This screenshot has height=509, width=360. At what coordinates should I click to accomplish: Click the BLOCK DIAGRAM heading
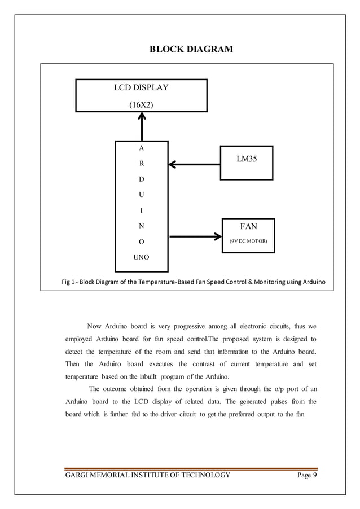190,50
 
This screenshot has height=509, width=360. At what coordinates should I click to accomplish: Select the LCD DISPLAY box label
141,87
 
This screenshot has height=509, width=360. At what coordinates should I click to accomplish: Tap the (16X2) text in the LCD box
141,104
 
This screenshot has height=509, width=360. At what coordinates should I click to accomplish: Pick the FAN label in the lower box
248,226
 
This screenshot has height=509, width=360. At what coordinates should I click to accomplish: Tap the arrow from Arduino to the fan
195,235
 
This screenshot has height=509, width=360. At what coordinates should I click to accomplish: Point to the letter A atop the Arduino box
141,148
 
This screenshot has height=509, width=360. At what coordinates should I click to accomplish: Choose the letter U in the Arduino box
141,195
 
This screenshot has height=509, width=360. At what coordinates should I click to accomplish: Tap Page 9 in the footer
307,475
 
